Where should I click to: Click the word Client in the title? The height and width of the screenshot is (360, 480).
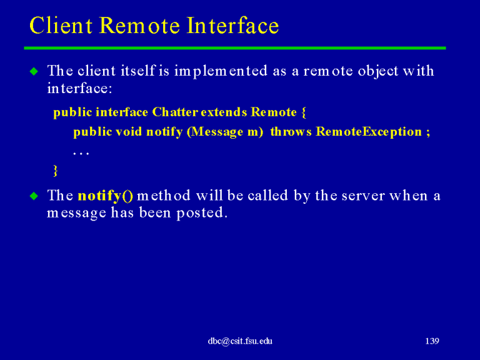61,25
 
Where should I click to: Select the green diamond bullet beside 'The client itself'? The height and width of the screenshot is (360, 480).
34,72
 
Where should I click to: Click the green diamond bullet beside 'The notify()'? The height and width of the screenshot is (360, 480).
34,196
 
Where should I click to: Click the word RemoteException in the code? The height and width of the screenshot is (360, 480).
369,132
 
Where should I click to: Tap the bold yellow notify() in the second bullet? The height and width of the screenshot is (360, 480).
105,196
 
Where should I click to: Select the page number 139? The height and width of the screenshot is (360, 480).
432,341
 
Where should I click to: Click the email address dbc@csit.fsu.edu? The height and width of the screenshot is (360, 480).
240,341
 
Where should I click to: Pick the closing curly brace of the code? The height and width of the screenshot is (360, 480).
56,171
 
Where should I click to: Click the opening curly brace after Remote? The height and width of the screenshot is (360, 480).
304,112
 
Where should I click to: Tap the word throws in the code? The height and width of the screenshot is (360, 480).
291,132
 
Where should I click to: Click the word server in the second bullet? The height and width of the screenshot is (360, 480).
363,196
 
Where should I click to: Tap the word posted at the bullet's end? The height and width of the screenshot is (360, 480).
202,212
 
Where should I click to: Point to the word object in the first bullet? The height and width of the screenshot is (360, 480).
378,71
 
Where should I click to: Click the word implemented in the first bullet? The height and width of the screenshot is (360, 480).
221,72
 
